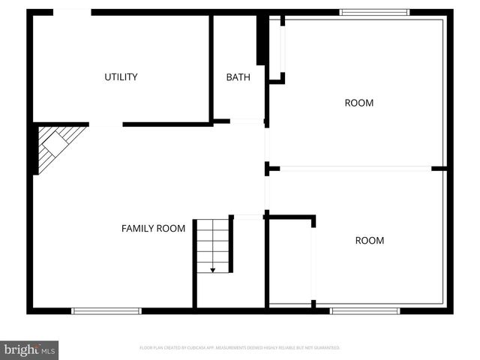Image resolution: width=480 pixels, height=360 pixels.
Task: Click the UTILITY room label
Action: pos(121,76)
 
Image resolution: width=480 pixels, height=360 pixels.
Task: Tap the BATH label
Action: pos(238,76)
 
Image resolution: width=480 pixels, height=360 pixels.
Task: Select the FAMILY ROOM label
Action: pos(153,228)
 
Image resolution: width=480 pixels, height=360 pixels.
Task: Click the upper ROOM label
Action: pos(358,103)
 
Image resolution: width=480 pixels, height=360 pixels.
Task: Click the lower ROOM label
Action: pos(369,240)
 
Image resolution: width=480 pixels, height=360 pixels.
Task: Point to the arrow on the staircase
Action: pos(213,268)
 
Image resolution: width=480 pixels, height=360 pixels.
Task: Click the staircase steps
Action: pos(213,244)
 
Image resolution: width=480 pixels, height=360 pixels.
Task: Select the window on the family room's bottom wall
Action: pos(106,310)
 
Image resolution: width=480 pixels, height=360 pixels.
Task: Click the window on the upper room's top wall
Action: pos(374,12)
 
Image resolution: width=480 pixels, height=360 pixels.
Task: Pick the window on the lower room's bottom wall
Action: pos(365,310)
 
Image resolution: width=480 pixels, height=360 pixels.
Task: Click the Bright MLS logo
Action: pos(29,349)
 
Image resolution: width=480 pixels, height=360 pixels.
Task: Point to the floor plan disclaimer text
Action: pos(240,348)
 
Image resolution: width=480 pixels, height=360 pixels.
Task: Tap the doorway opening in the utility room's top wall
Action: pos(72,12)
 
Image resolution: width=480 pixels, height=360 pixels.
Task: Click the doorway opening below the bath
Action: pos(247,121)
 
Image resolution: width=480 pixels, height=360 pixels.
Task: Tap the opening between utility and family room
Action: pos(106,124)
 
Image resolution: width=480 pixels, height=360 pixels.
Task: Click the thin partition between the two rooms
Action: pos(355,169)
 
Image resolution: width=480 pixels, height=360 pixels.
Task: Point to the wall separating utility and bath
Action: pos(211,67)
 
